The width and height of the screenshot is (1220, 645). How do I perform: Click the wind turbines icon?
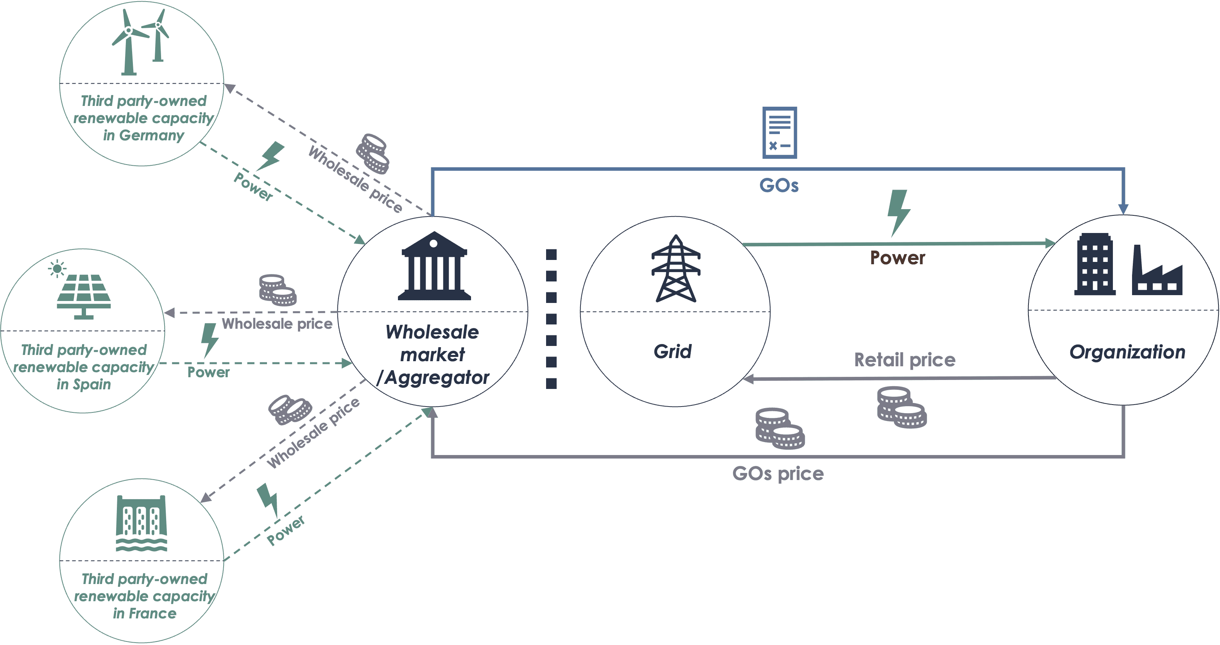(141, 42)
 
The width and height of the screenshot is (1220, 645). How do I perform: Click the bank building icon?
(434, 266)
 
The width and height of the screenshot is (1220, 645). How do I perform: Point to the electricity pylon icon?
(675, 269)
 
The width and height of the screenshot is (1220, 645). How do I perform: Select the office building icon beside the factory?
(1095, 265)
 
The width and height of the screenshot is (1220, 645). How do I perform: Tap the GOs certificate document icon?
(779, 133)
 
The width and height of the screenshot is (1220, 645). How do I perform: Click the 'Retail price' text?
(905, 360)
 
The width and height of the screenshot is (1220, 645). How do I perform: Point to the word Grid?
(672, 351)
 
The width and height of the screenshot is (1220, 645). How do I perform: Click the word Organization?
(1127, 352)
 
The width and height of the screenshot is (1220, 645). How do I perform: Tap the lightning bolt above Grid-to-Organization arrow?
(898, 212)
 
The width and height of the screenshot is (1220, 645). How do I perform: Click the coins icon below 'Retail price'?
(901, 408)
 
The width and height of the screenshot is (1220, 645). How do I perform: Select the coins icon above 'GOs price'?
(779, 428)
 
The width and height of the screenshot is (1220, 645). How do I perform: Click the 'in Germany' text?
(143, 135)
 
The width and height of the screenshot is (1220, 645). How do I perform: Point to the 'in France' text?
(145, 613)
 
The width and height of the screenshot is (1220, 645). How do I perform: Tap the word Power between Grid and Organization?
(897, 258)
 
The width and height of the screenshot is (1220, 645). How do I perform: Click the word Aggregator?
(437, 378)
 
